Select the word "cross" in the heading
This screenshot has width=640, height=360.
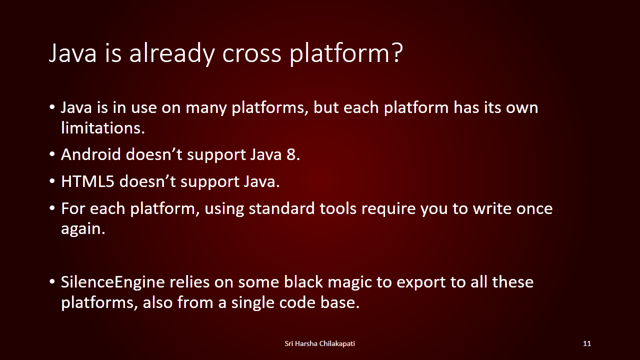click(251, 54)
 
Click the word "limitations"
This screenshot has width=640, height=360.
click(103, 127)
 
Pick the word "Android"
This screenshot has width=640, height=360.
click(91, 154)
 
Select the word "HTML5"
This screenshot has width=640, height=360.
click(87, 181)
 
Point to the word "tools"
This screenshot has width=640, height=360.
click(338, 208)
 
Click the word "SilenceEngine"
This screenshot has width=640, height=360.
click(113, 282)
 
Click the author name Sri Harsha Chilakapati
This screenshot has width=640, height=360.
click(319, 343)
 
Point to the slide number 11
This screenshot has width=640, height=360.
click(587, 343)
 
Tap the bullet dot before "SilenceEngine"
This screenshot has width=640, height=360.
click(52, 281)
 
